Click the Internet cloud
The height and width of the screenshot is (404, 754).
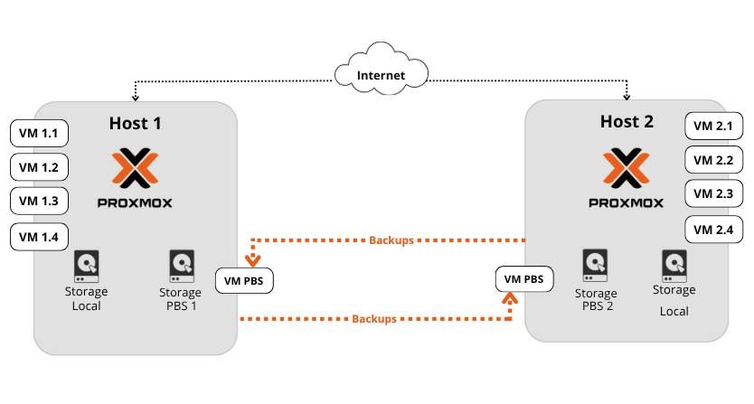[x=379, y=75]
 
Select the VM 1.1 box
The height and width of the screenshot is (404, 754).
[x=39, y=135]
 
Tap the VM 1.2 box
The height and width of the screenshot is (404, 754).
[x=39, y=168]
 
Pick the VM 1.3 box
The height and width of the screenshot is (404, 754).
[x=39, y=201]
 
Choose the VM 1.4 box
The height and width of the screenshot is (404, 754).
[x=39, y=237]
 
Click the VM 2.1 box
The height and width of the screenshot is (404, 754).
[x=713, y=127]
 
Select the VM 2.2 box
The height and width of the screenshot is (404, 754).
[x=713, y=160]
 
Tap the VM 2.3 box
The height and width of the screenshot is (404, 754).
[x=713, y=193]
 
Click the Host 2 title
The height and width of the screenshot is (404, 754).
[x=626, y=121]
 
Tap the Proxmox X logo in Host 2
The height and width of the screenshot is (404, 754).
[x=626, y=167]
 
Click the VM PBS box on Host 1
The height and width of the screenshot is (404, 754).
[x=244, y=281]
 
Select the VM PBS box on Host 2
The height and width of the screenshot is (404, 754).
[x=523, y=279]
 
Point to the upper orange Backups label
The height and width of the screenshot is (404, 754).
[x=391, y=241]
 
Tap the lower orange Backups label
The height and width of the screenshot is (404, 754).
[x=374, y=319]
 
